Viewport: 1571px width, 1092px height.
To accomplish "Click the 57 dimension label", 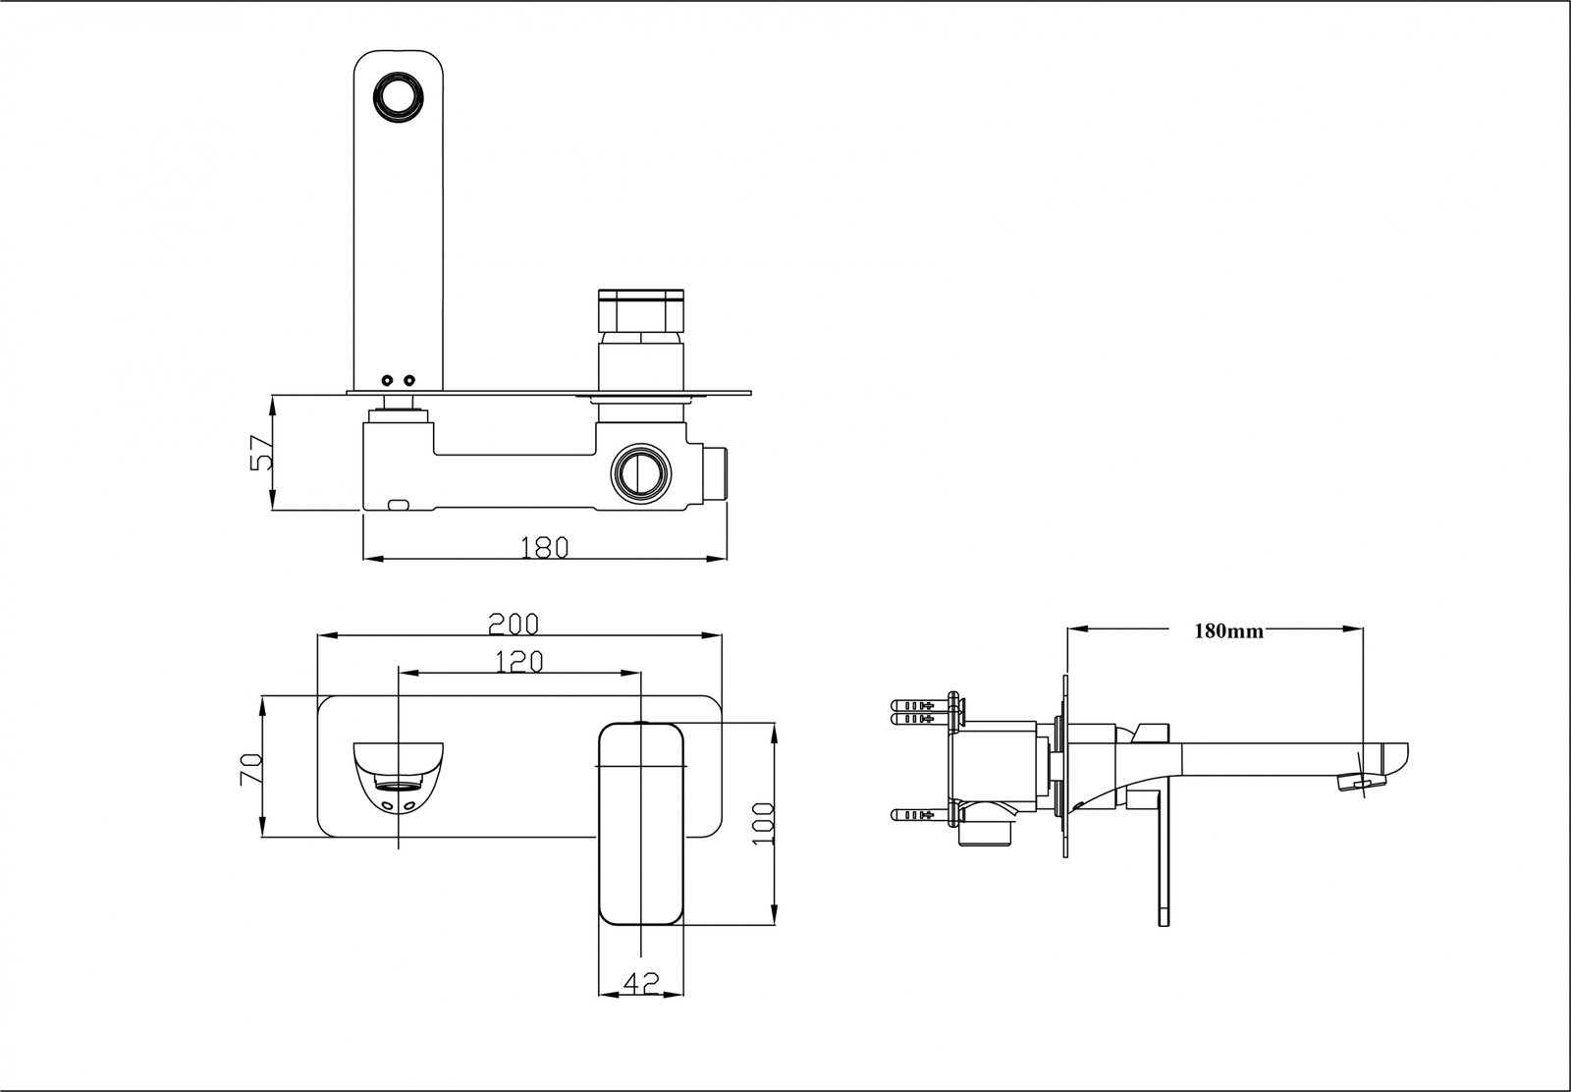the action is pyautogui.click(x=261, y=453).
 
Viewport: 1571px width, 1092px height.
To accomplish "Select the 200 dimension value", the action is pyautogui.click(x=515, y=623).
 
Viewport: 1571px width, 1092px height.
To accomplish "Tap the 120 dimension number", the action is pyautogui.click(x=519, y=661).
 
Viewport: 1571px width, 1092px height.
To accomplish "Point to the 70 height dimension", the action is pyautogui.click(x=251, y=769).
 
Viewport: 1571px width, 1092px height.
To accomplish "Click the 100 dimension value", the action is pyautogui.click(x=763, y=823).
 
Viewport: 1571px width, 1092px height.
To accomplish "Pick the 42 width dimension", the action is pyautogui.click(x=642, y=983).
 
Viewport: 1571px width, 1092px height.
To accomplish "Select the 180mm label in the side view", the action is pyautogui.click(x=1228, y=631).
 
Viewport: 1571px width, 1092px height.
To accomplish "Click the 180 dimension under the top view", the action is pyautogui.click(x=544, y=547).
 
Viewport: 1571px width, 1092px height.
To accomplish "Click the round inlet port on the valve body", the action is pyautogui.click(x=640, y=472).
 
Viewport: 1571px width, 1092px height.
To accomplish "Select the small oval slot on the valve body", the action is pyautogui.click(x=399, y=504).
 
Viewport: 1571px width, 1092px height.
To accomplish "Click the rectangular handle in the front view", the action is pyautogui.click(x=640, y=823).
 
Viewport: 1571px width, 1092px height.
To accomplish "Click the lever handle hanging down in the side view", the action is pyautogui.click(x=1164, y=859).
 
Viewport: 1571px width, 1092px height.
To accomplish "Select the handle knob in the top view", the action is pyautogui.click(x=640, y=309).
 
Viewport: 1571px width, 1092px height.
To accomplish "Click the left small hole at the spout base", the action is pyautogui.click(x=387, y=380).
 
